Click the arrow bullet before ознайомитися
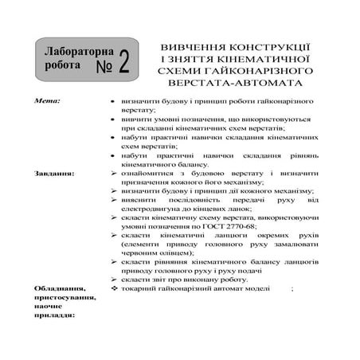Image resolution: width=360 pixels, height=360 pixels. tap(114, 173)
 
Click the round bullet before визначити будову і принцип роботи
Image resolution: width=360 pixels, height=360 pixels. tap(114, 104)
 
